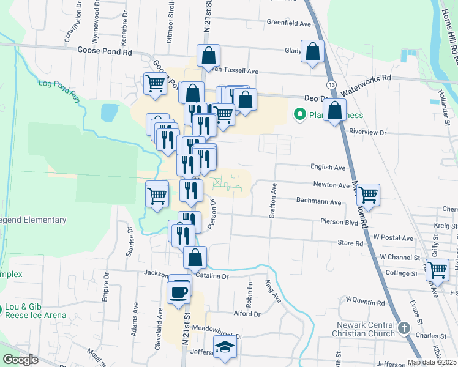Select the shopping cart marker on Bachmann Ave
click(x=368, y=195)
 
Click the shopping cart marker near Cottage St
click(x=437, y=269)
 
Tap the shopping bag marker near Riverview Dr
click(x=334, y=111)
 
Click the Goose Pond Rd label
click(x=104, y=53)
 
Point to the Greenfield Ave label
click(x=289, y=23)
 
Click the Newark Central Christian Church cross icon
click(x=404, y=327)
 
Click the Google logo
click(x=20, y=360)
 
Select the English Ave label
click(x=329, y=167)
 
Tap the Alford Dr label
click(x=247, y=314)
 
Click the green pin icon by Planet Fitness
click(x=300, y=114)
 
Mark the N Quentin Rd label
click(x=365, y=300)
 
